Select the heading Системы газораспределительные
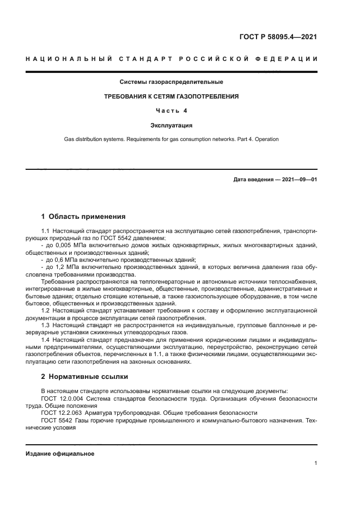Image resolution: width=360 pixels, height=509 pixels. (172, 82)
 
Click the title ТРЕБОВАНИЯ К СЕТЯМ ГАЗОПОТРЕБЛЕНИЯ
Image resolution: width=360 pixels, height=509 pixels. (172, 96)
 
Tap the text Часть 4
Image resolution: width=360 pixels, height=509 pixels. (172, 111)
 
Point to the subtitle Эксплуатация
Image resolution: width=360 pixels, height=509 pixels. (172, 125)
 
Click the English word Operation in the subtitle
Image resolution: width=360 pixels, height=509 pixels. (266, 139)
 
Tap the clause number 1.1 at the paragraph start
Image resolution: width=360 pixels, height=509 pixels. (46, 231)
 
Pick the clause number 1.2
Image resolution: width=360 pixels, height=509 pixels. (46, 310)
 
